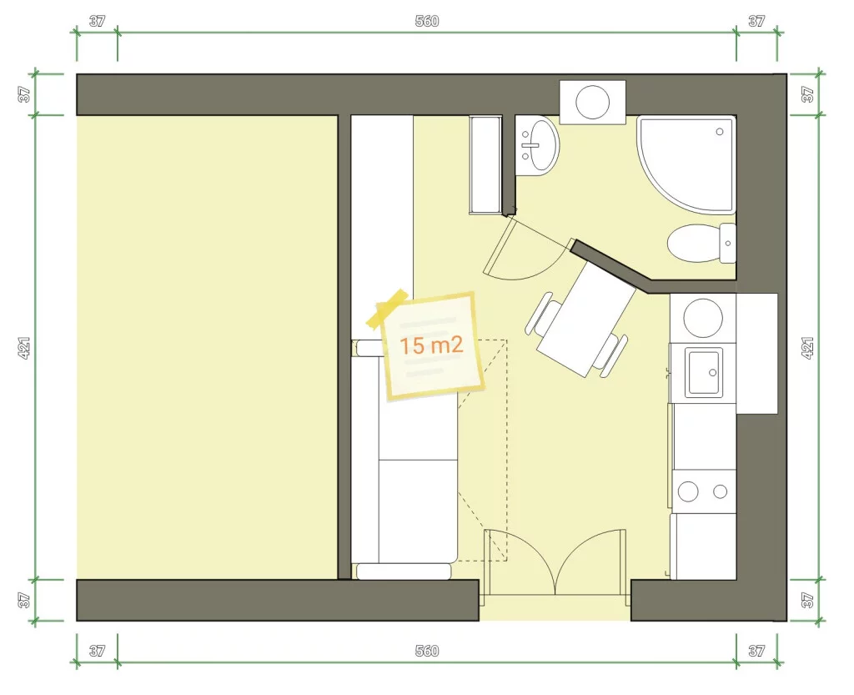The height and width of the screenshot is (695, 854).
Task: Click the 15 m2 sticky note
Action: point(431,346)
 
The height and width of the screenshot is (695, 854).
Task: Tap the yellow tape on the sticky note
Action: point(387,309)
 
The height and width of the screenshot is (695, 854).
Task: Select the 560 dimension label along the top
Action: point(426,21)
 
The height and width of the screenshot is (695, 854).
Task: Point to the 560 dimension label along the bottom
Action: point(426,651)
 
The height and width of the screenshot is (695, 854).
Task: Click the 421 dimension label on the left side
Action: point(24,347)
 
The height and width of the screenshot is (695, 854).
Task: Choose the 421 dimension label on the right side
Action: point(807,347)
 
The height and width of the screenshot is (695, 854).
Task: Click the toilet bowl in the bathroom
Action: point(693,243)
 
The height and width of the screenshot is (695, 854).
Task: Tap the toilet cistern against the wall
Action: point(727,243)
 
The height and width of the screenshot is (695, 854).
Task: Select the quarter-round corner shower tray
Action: point(686,164)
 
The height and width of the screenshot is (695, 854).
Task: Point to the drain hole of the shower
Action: point(720,132)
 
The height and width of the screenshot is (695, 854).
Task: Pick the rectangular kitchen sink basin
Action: point(705,373)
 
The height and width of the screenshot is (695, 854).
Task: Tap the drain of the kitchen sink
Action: point(713,373)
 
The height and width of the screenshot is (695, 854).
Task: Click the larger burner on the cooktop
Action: point(688,491)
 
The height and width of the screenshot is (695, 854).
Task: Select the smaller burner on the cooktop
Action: point(720,491)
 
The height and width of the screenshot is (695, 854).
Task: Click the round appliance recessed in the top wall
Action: point(593,102)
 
